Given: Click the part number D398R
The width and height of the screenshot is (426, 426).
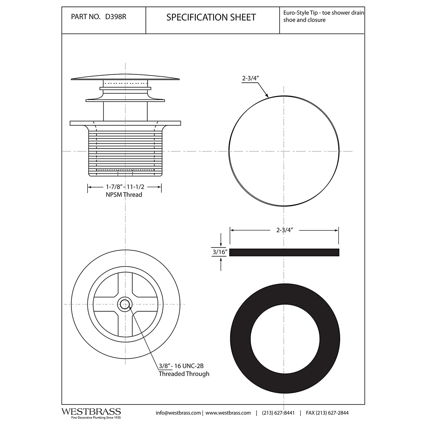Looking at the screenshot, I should (116, 17).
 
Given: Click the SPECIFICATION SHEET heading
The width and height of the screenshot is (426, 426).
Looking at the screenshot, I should (211, 17).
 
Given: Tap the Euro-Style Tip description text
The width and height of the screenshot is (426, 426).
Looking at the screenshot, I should (323, 16).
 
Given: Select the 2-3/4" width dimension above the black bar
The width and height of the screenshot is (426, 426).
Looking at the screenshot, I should (284, 230).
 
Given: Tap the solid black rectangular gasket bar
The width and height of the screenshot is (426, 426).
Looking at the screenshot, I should (284, 252).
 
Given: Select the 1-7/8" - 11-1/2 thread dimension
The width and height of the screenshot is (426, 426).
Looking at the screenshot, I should (125, 187).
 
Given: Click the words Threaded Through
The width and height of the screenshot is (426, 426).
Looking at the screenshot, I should (184, 374).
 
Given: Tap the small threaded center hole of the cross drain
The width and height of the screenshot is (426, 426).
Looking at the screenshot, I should (124, 304).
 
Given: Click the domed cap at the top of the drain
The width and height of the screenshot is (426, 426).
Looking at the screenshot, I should (125, 77).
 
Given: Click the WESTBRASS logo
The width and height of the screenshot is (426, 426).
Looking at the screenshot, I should (91, 412).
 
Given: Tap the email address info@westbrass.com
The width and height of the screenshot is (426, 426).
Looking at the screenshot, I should (178, 413).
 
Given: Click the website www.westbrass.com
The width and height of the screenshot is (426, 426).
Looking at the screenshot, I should (228, 413).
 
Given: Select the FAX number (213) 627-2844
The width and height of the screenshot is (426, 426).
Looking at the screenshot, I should (327, 413).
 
